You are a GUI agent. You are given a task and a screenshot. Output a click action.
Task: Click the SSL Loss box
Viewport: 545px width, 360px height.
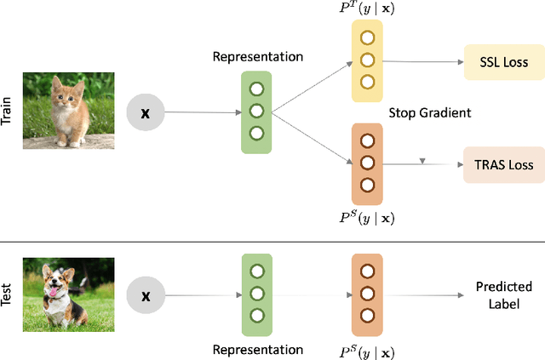[x=502, y=62]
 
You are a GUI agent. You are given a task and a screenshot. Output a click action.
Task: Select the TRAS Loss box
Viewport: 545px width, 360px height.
[x=502, y=163]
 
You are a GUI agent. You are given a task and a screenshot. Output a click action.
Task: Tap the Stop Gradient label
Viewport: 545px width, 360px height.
[x=429, y=112]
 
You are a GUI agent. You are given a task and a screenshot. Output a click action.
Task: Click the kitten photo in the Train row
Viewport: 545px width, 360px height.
[x=68, y=111]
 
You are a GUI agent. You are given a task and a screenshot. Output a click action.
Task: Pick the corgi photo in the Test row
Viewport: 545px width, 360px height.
[x=68, y=295]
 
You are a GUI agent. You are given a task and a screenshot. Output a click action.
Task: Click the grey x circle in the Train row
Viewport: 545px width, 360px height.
[x=145, y=112]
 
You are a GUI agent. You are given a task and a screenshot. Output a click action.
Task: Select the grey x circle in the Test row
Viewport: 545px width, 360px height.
[x=145, y=295]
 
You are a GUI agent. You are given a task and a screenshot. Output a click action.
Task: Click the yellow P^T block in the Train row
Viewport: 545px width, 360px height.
[x=367, y=60]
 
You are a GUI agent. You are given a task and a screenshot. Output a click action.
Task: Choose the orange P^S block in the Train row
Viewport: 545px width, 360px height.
[x=367, y=163]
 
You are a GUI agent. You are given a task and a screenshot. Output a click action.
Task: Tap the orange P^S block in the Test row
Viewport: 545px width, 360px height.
[x=367, y=295]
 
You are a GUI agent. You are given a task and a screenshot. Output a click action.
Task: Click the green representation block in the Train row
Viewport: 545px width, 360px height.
[x=256, y=112]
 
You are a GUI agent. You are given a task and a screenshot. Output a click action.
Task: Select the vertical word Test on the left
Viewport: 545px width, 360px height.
[x=8, y=295]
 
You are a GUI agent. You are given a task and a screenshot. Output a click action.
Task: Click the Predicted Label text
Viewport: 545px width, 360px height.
[x=504, y=294]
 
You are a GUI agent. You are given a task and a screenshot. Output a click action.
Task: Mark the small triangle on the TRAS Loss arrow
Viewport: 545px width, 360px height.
[x=422, y=161]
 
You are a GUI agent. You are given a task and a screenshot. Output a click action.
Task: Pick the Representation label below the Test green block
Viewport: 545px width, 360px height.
[x=257, y=349]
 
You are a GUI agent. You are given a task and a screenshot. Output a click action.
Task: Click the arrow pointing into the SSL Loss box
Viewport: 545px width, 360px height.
[x=426, y=62]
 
